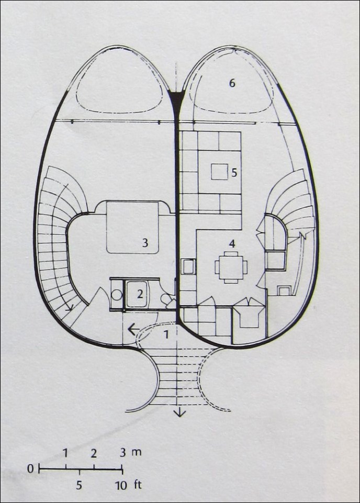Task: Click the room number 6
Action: pyautogui.click(x=232, y=83)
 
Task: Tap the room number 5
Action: pyautogui.click(x=234, y=173)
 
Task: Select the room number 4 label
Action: pyautogui.click(x=232, y=244)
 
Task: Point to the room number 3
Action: pyautogui.click(x=145, y=243)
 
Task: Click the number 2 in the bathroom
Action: pyautogui.click(x=140, y=294)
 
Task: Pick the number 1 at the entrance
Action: pyautogui.click(x=166, y=334)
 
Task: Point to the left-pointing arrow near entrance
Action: pyautogui.click(x=134, y=329)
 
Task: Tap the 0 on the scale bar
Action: pyautogui.click(x=30, y=469)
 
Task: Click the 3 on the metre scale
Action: pyautogui.click(x=123, y=453)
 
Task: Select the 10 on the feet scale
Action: pyautogui.click(x=121, y=485)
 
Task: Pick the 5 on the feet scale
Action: pyautogui.click(x=79, y=485)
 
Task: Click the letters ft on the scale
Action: pyautogui.click(x=137, y=485)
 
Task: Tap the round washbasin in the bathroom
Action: pyautogui.click(x=117, y=295)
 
